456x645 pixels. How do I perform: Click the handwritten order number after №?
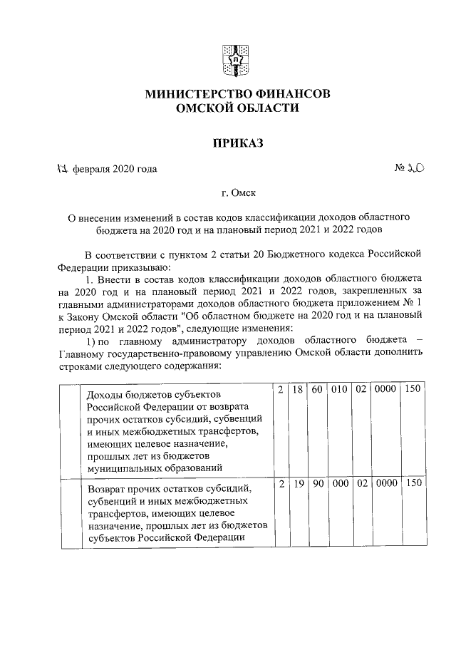click(x=416, y=169)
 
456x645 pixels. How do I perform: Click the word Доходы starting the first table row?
click(x=104, y=395)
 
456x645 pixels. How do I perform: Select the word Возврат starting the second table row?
click(x=107, y=490)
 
